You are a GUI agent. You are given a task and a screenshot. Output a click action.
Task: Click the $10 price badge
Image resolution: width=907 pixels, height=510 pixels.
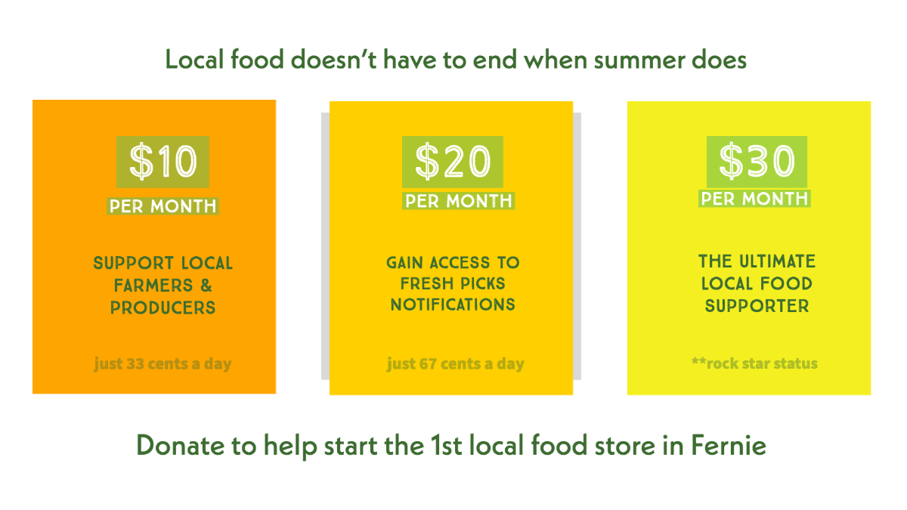click(x=163, y=162)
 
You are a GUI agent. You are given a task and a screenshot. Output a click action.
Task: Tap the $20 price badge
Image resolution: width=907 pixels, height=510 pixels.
click(x=452, y=162)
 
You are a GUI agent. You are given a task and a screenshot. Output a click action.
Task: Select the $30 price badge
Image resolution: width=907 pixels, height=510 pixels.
click(x=757, y=162)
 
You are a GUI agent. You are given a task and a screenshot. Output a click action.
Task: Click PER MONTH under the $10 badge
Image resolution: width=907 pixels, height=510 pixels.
click(x=163, y=206)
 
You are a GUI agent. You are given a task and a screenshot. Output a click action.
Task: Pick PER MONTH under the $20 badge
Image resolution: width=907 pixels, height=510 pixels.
click(x=458, y=201)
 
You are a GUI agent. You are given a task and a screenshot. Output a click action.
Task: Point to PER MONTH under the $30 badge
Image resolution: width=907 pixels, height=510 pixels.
click(x=754, y=198)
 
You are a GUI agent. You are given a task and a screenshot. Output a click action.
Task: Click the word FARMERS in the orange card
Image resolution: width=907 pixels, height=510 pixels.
click(x=153, y=286)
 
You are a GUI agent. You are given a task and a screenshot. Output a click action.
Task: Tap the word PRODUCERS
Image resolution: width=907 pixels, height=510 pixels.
click(x=163, y=308)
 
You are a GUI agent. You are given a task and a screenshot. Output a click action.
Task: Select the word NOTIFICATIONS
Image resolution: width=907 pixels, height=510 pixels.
click(x=453, y=304)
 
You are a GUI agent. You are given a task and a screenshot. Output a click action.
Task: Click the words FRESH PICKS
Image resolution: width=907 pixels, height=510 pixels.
click(x=453, y=283)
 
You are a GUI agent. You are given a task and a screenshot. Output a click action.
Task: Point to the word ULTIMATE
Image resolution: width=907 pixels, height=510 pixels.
click(x=778, y=261)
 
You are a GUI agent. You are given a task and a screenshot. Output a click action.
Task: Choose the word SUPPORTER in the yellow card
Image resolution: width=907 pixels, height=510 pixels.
click(x=757, y=305)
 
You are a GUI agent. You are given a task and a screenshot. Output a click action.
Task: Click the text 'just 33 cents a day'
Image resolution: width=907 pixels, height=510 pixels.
click(x=163, y=363)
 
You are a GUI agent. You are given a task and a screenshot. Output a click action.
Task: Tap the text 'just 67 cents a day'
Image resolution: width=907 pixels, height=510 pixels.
click(x=456, y=363)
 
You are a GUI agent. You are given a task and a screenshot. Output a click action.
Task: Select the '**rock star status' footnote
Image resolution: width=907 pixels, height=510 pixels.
click(x=754, y=363)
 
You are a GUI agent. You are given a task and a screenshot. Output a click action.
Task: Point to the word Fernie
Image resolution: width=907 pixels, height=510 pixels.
click(x=729, y=445)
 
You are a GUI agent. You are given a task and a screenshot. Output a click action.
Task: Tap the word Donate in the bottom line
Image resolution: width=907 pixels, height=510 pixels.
click(x=181, y=445)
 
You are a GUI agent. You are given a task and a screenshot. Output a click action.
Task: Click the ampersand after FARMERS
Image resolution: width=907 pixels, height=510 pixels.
click(x=206, y=286)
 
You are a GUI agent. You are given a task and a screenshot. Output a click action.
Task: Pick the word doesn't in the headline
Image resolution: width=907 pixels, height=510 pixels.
click(x=333, y=60)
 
